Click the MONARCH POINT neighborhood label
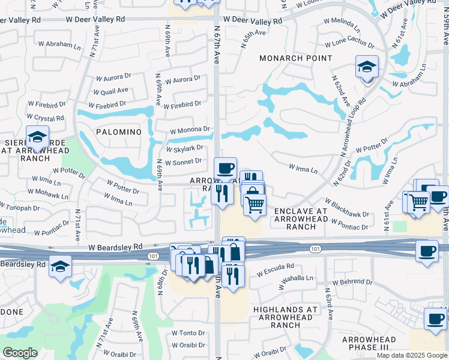[x=295, y=58]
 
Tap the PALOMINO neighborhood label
[x=118, y=131]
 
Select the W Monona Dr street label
[x=190, y=130]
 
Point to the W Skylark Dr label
[x=184, y=148]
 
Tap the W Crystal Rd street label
[x=45, y=118]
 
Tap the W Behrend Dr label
[x=352, y=281]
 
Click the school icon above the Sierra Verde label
[x=37, y=137]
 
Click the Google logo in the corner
[x=20, y=353]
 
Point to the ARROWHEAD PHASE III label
[x=369, y=344]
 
